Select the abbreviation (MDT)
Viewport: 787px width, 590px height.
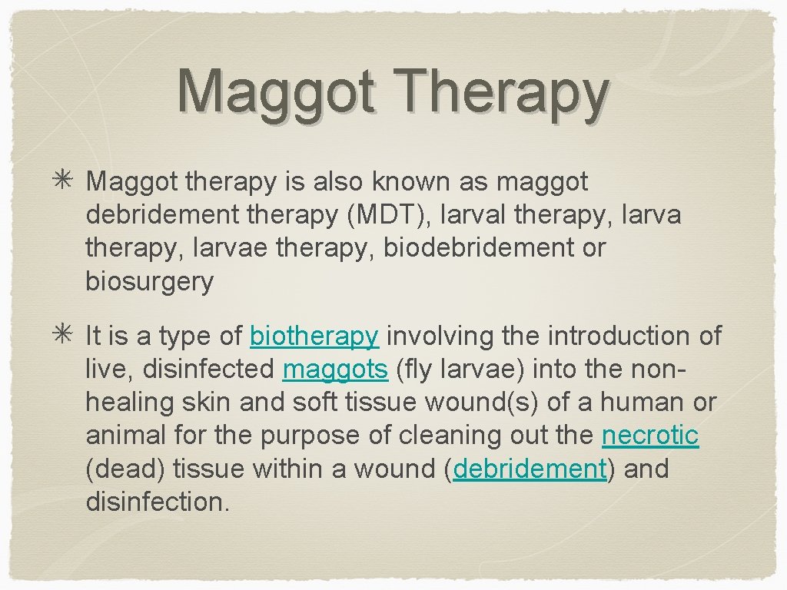click(x=389, y=215)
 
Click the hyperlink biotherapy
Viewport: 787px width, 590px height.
click(x=314, y=336)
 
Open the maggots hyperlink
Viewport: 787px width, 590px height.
click(x=335, y=370)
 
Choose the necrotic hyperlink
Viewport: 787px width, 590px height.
click(x=650, y=436)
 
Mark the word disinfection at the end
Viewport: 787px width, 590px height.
click(x=158, y=502)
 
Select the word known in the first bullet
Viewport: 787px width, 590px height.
click(x=412, y=182)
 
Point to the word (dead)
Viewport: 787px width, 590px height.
click(x=125, y=469)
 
